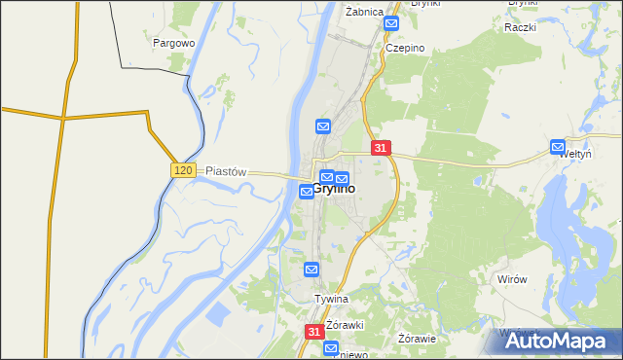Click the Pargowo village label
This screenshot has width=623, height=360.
(175, 44)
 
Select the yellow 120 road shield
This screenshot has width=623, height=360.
(184, 170)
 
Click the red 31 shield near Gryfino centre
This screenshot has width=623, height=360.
(381, 148)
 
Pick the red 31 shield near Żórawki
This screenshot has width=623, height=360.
(313, 332)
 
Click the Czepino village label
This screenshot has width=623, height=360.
(405, 47)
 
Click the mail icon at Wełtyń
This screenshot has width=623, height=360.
(558, 147)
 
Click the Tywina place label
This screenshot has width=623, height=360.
(331, 299)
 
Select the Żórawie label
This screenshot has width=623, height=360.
(417, 339)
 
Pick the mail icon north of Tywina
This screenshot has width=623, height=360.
(311, 270)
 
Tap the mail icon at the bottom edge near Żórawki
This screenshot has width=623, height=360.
(332, 348)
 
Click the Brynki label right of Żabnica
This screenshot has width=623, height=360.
(426, 4)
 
